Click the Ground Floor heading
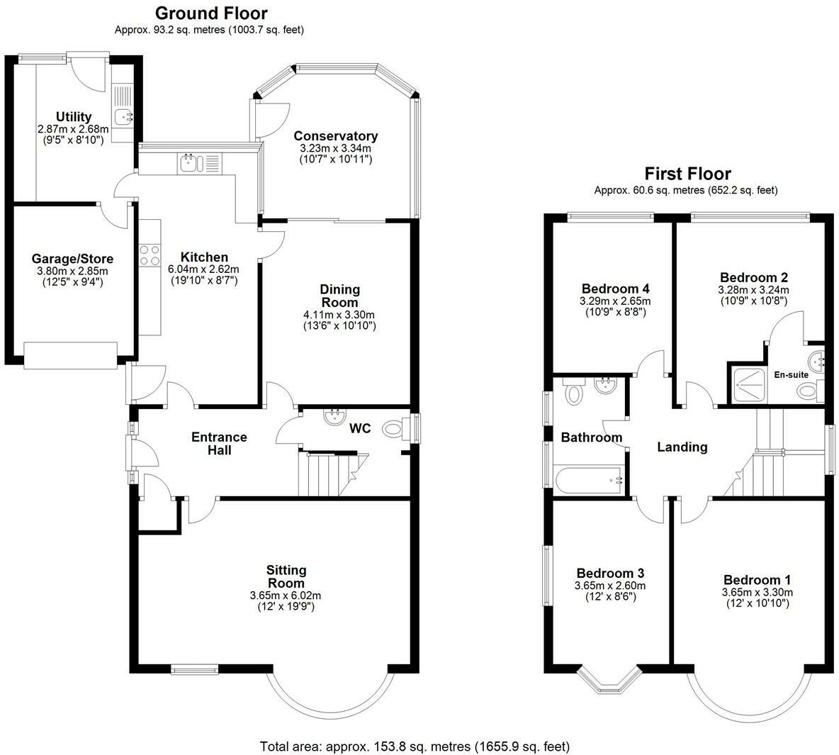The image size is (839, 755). pyautogui.click(x=211, y=13)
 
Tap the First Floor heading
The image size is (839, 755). pyautogui.click(x=687, y=174)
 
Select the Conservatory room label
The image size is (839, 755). pyautogui.click(x=335, y=136)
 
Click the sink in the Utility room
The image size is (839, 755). pyautogui.click(x=123, y=116)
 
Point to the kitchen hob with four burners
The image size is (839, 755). pyautogui.click(x=150, y=255)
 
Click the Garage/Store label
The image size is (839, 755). pyautogui.click(x=72, y=259)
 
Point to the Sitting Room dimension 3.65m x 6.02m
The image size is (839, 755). pyautogui.click(x=285, y=595)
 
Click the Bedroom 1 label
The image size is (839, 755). pyautogui.click(x=757, y=580)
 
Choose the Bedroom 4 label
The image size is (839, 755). pyautogui.click(x=615, y=289)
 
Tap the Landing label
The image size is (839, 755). pyautogui.click(x=682, y=447)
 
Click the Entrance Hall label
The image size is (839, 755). pyautogui.click(x=220, y=443)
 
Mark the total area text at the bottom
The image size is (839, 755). pyautogui.click(x=415, y=746)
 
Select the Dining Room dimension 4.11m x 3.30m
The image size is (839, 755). pyautogui.click(x=339, y=315)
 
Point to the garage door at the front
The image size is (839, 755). pyautogui.click(x=71, y=356)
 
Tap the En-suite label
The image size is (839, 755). pyautogui.click(x=791, y=375)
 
